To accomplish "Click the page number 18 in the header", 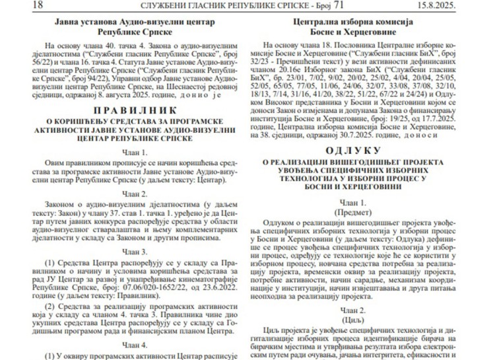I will (19, 5).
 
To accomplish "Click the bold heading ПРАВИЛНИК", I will (135, 110).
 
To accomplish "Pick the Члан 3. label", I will (135, 252).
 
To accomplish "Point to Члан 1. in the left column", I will (135, 151).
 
